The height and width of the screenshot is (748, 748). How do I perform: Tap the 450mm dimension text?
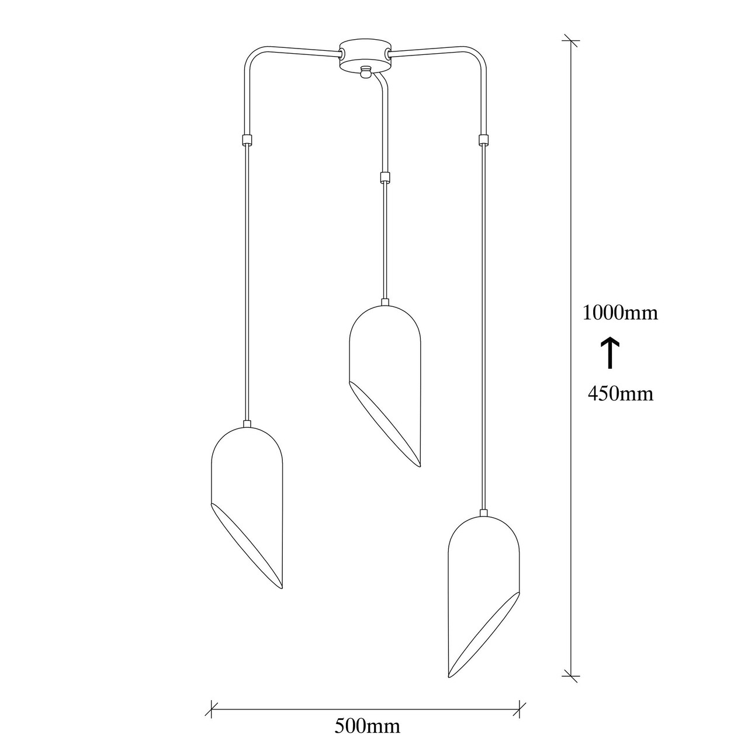620,394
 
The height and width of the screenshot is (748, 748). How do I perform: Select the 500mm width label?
367,726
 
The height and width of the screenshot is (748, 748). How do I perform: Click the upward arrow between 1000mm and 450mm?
610,352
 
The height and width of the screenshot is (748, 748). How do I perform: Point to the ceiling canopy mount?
364,55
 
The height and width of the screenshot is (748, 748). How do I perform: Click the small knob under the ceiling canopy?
364,72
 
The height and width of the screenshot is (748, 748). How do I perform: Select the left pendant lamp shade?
246,508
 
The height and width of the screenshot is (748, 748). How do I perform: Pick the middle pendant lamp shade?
385,386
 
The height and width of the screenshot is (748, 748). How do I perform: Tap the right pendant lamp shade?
483,597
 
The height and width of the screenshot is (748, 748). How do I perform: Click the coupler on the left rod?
246,138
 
